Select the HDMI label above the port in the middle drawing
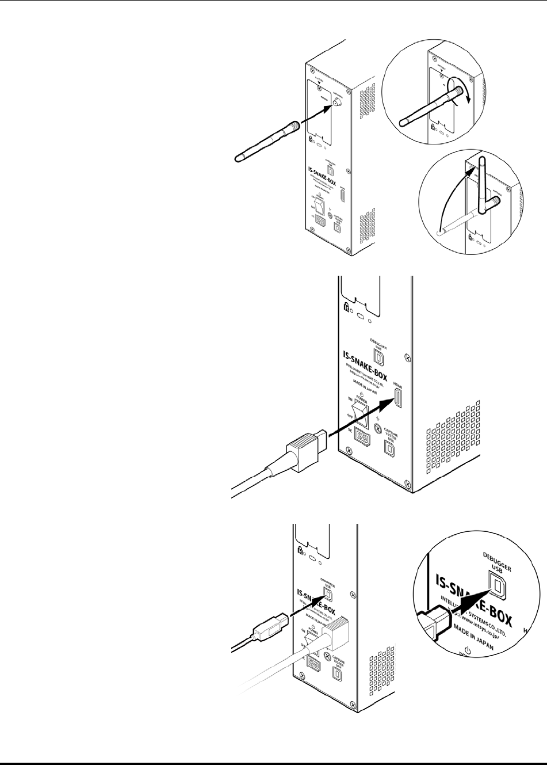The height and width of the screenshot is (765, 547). (x=397, y=384)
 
